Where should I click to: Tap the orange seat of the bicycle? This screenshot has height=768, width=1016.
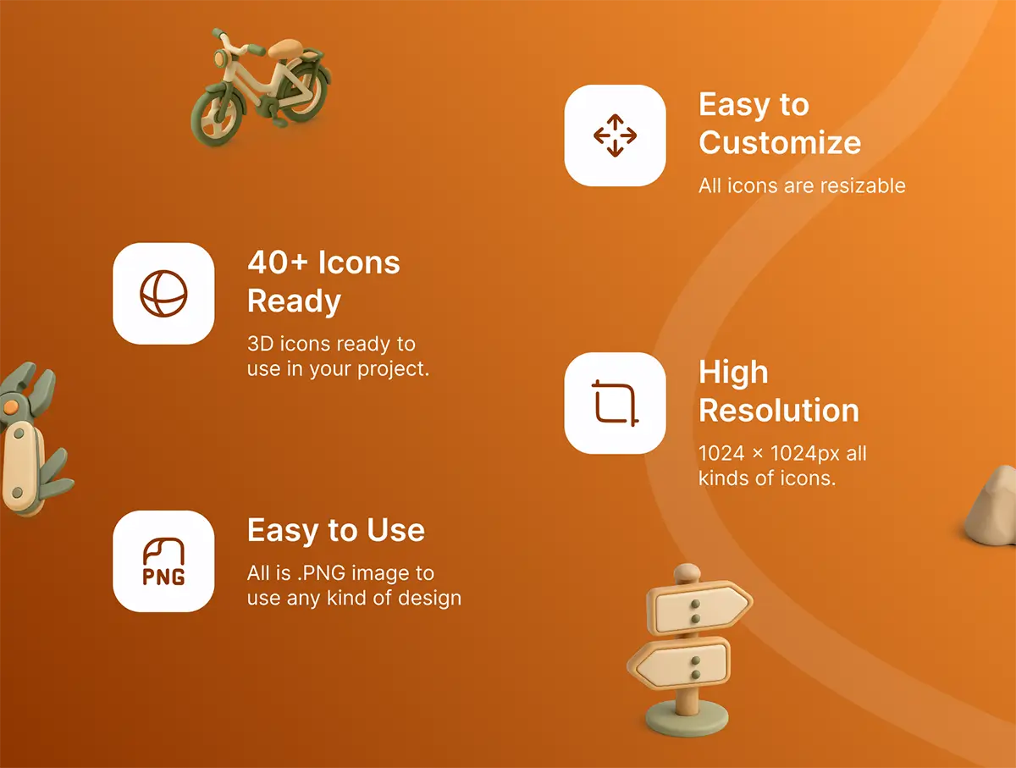pos(286,47)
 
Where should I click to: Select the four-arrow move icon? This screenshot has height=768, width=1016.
pos(615,135)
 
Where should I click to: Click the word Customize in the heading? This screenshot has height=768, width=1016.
pos(780,142)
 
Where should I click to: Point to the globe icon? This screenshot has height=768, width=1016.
pos(163,294)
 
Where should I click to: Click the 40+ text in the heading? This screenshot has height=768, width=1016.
pos(278,262)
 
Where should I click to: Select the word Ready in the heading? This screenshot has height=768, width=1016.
pos(294,301)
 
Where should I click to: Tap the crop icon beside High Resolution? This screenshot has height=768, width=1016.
pos(615,403)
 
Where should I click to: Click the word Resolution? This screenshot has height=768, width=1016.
pos(779,410)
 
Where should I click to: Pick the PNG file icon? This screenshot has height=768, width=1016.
pos(163,561)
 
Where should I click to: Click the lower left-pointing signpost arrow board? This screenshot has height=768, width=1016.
pos(679,662)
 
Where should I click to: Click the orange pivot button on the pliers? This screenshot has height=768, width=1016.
pos(11,407)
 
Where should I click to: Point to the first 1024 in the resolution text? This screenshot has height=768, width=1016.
pos(721,453)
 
